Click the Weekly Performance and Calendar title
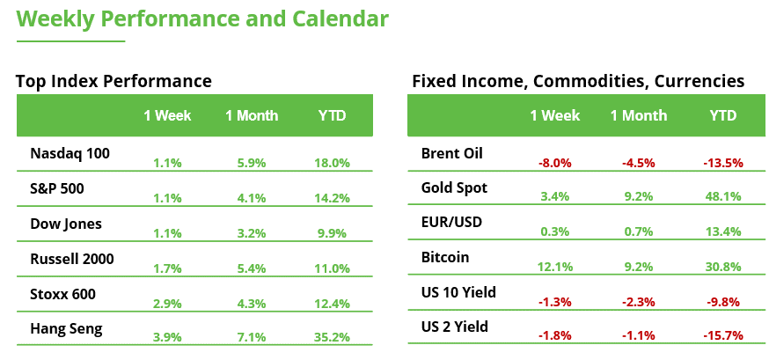click(202, 19)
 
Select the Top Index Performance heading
click(114, 81)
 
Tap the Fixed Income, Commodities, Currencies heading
click(578, 81)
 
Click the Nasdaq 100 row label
click(70, 153)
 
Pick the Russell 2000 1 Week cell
click(167, 268)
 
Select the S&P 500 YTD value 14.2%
click(332, 198)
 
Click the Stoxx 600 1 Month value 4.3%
click(252, 304)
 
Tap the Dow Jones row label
click(66, 224)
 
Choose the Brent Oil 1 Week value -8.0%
click(555, 163)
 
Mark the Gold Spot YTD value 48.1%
click(722, 198)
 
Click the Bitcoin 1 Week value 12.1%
click(555, 267)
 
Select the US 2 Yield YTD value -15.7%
click(722, 336)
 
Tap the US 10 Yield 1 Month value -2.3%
click(638, 302)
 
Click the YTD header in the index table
click(332, 115)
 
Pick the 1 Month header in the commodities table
click(638, 115)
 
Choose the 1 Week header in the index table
click(167, 115)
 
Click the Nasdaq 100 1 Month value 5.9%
click(252, 163)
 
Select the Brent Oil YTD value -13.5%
click(722, 163)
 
